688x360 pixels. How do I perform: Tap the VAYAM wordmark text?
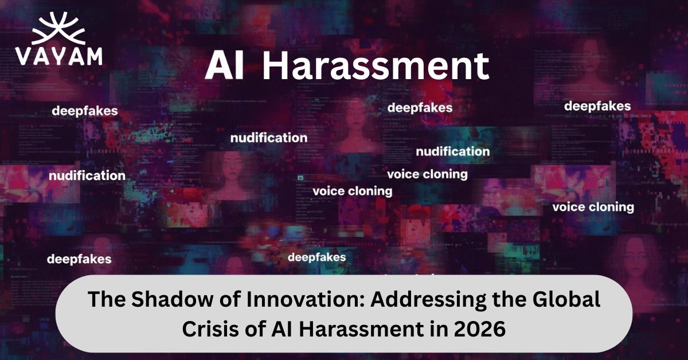point(59,56)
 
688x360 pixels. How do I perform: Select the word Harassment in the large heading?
point(376,67)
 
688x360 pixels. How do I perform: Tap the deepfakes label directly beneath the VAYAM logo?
point(85,111)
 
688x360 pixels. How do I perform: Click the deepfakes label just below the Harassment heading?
point(420,108)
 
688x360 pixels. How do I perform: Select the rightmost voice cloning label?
point(593,207)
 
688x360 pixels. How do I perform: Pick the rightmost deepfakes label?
point(597,106)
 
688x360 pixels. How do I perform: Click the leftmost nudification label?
point(87,175)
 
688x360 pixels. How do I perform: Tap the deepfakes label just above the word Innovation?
point(316,257)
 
